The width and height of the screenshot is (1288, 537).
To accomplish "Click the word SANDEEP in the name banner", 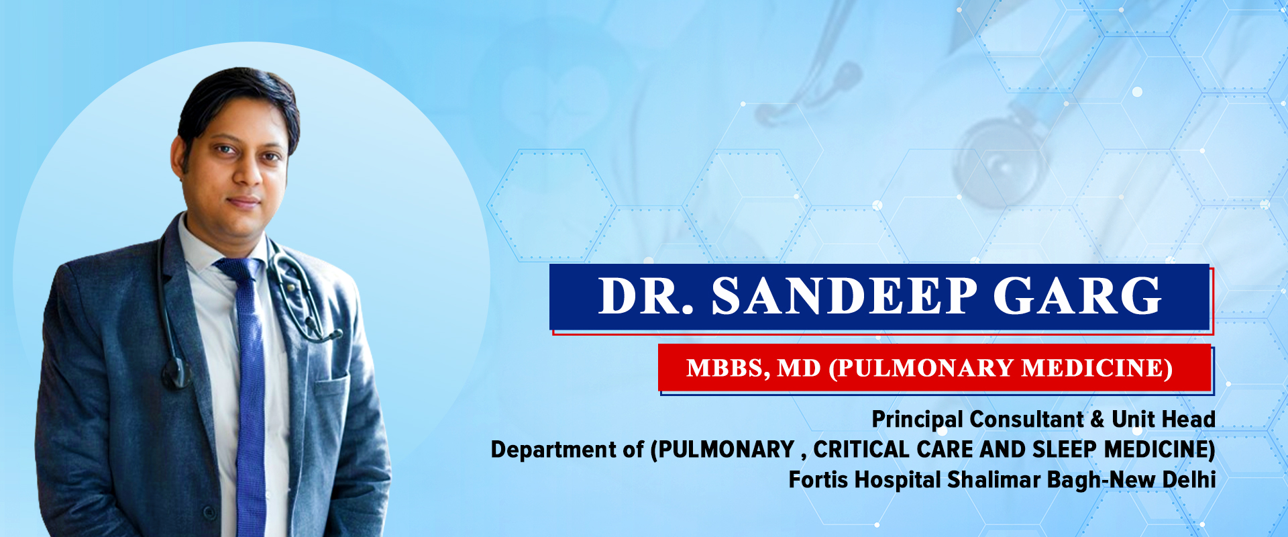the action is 845,295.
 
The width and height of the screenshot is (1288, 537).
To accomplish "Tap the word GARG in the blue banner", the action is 1077,295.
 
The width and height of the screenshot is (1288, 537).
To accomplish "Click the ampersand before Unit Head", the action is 1097,420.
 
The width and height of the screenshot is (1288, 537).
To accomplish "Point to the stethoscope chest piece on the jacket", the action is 176,373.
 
